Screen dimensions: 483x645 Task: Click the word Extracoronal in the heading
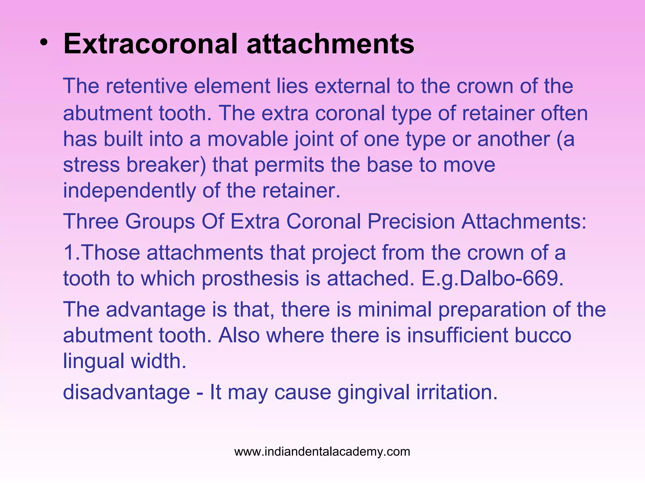point(151,44)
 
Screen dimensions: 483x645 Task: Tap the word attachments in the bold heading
point(330,44)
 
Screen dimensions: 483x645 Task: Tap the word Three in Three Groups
point(91,221)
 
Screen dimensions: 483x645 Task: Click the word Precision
point(411,221)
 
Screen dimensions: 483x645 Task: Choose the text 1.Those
point(101,253)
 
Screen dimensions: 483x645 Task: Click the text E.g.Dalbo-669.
point(492,279)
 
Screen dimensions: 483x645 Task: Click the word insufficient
point(457,335)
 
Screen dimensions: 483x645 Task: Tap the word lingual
point(94,361)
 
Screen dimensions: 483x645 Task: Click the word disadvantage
point(126,392)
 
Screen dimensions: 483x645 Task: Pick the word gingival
point(374,393)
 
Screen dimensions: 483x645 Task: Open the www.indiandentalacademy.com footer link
point(322,452)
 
